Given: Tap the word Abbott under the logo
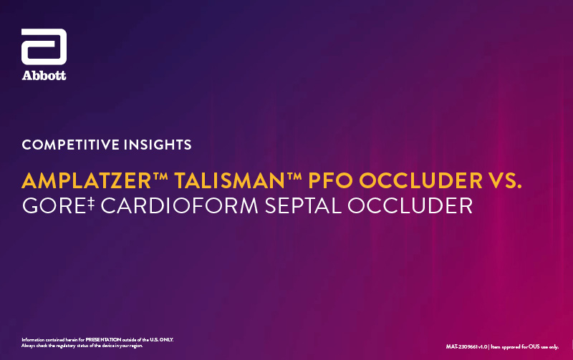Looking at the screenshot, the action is (x=44, y=76).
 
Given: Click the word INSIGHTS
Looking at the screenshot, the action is (x=158, y=145).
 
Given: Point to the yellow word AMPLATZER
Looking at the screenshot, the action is (x=87, y=180).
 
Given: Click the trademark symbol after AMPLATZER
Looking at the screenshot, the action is (x=160, y=176).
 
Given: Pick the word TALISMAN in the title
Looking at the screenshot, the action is (x=230, y=180).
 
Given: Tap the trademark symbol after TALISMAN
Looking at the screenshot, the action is (x=294, y=176).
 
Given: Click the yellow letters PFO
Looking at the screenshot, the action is (x=331, y=180).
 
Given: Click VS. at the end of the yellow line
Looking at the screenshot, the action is (x=505, y=180).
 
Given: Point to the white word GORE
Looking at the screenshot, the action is (x=54, y=205).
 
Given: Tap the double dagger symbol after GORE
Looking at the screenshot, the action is (x=91, y=203).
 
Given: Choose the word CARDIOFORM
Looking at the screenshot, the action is (x=180, y=205).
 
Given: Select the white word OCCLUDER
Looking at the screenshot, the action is (x=410, y=205).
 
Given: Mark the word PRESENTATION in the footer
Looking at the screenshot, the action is (x=103, y=339).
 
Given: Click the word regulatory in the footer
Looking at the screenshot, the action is (x=65, y=346).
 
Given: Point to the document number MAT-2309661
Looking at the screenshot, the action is (x=461, y=347).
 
